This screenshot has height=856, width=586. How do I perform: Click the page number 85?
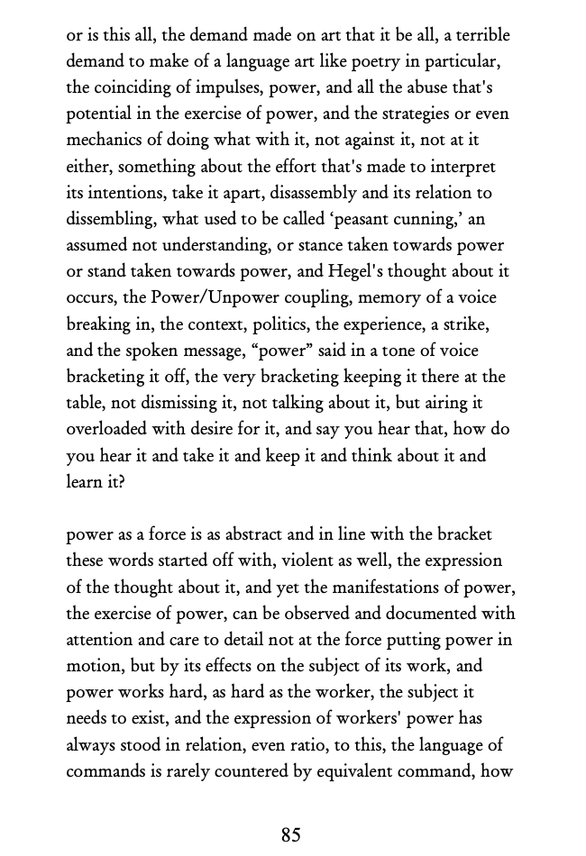click(x=290, y=834)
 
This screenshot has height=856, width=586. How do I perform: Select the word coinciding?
click(x=132, y=88)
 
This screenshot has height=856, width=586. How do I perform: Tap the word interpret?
click(x=462, y=167)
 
